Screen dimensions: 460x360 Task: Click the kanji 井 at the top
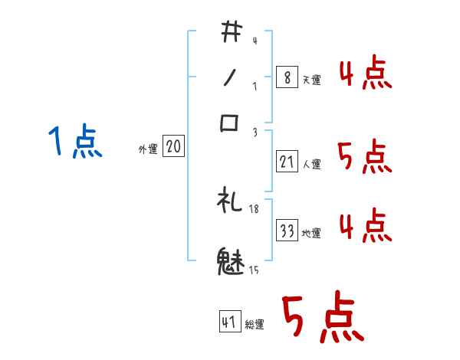point(231,33)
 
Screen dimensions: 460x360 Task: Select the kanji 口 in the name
point(230,123)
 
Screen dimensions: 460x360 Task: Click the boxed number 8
point(287,78)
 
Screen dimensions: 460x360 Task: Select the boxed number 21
point(287,162)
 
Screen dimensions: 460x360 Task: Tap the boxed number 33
point(287,231)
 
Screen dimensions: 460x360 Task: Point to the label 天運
point(311,80)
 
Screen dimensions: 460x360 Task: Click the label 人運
point(311,164)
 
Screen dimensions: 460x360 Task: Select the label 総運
point(255,324)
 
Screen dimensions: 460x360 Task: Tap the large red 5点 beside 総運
point(321,319)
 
